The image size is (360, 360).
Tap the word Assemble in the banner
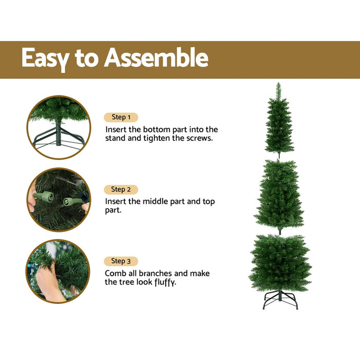tap(156, 59)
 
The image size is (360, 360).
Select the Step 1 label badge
tap(121, 117)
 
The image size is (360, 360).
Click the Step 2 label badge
tap(121, 189)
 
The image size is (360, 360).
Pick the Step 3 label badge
tap(121, 261)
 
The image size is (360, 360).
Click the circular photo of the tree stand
tap(59, 127)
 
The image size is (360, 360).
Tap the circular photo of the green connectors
tap(59, 200)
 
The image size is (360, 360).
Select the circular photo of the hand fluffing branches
tap(58, 271)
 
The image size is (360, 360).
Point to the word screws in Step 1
tap(198, 139)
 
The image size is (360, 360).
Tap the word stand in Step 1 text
tap(116, 139)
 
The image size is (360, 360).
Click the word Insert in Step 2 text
tap(116, 202)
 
